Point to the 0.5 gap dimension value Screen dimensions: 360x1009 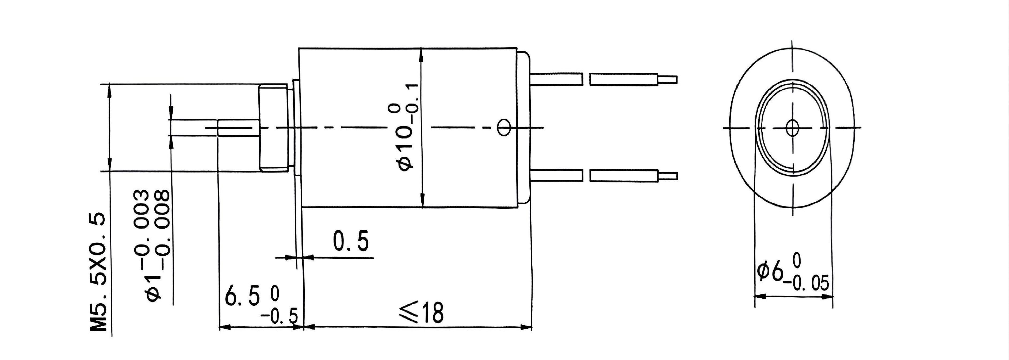[351, 242]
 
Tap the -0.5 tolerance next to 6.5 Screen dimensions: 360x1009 [284, 316]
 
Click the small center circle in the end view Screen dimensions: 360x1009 [792, 128]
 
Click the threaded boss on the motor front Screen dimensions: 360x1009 [274, 128]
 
